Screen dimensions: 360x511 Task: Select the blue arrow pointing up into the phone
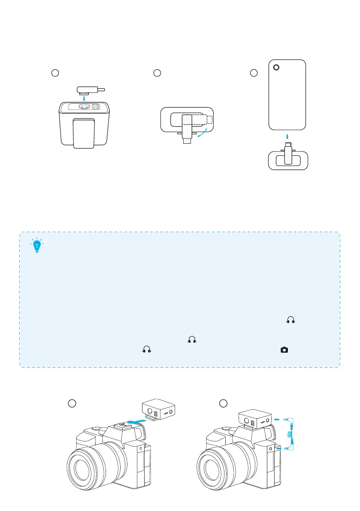pyautogui.click(x=287, y=136)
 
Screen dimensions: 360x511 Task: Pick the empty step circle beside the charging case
pyautogui.click(x=54, y=73)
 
